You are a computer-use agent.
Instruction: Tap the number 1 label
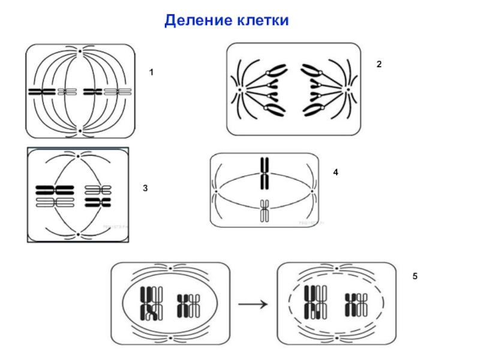(x=151, y=73)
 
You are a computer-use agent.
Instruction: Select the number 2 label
(x=379, y=63)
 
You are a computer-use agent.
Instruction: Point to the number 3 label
(x=145, y=188)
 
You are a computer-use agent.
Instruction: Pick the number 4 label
(x=336, y=172)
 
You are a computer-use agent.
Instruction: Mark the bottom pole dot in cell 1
(x=80, y=130)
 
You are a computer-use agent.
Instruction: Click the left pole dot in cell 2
(x=239, y=90)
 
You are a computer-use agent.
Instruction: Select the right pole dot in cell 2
(x=347, y=90)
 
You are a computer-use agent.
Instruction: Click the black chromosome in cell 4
(x=263, y=172)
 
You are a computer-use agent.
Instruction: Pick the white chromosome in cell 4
(x=263, y=211)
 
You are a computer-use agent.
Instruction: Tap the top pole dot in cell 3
(x=78, y=155)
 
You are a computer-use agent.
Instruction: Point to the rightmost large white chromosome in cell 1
(x=118, y=92)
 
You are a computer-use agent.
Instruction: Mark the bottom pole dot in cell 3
(x=78, y=233)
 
